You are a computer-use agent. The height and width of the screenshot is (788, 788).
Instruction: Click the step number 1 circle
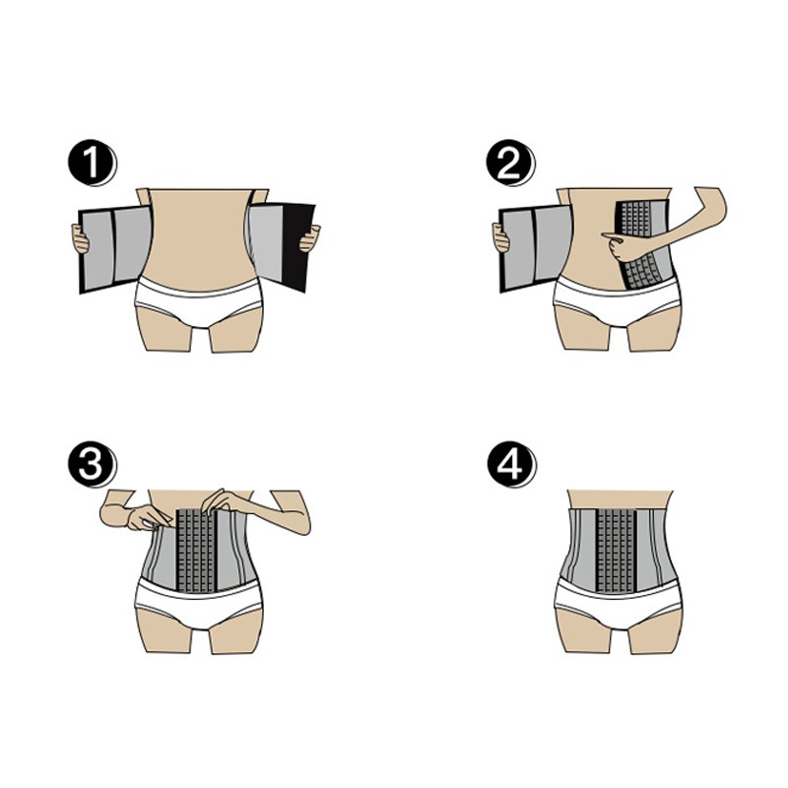92,163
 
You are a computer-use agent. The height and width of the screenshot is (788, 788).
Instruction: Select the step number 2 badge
510,163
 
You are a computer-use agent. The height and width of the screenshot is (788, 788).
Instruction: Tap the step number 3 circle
92,463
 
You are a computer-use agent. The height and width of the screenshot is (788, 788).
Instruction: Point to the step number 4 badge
511,463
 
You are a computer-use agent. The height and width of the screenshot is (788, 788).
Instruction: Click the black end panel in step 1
298,246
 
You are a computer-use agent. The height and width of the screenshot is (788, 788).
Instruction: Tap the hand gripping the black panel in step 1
309,238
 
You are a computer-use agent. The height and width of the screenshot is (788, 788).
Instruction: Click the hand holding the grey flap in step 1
80,239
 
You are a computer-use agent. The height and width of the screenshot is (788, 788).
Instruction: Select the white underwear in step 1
199,300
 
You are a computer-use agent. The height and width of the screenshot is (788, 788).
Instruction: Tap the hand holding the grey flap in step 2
500,238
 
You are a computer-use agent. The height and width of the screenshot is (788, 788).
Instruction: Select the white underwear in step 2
618,300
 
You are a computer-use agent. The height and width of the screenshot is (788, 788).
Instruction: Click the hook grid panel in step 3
196,550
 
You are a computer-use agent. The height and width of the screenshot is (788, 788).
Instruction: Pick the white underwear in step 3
199,603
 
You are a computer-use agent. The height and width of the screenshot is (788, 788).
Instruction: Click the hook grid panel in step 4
617,550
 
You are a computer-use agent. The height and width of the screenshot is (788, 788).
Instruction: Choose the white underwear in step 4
619,603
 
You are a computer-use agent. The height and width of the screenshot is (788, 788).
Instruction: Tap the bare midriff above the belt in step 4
621,499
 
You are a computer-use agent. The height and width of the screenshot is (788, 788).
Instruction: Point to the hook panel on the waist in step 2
644,244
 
